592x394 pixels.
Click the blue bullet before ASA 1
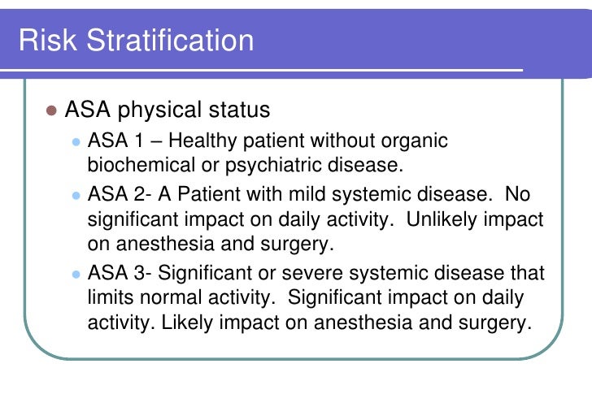[x=76, y=141]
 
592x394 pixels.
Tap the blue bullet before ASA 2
[x=76, y=196]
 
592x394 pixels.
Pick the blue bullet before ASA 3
[x=76, y=274]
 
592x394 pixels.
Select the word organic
[x=416, y=141]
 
